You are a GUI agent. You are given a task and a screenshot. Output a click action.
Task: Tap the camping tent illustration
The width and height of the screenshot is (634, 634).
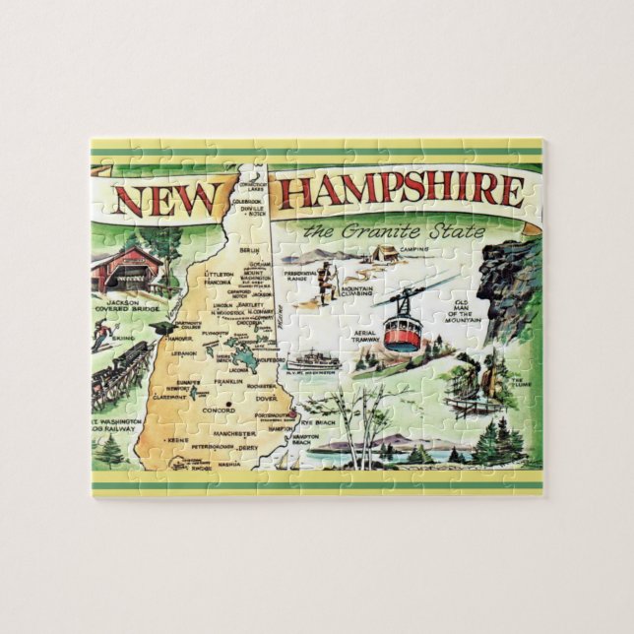click(x=384, y=252)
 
